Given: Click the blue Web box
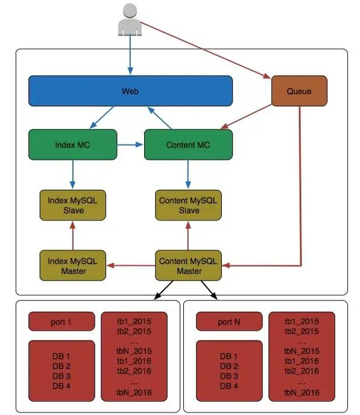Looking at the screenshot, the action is click(x=130, y=90).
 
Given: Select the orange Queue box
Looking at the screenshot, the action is click(x=299, y=90).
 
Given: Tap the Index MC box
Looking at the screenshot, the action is click(x=73, y=145).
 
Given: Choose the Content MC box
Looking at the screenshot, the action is click(x=188, y=145).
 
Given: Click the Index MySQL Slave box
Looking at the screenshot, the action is click(x=73, y=205).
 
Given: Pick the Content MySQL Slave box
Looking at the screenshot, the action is click(x=188, y=205).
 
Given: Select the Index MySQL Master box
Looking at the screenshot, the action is click(x=73, y=265).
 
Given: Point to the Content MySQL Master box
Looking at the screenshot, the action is click(x=188, y=265).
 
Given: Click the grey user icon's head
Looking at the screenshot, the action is click(x=130, y=11).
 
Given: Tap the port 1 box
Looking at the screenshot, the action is click(x=62, y=322).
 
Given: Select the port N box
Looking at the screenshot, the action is click(x=229, y=322).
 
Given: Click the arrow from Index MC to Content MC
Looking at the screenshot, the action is click(x=130, y=145).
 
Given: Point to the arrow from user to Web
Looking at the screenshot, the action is click(x=130, y=55).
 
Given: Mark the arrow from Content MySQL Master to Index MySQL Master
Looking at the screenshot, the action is click(x=131, y=265).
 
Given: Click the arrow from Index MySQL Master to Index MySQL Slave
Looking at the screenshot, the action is click(x=73, y=236).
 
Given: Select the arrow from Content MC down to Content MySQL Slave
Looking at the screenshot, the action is click(x=188, y=175).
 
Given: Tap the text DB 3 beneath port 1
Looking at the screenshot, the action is click(x=62, y=376).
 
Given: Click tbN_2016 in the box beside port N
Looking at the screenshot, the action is click(x=302, y=392).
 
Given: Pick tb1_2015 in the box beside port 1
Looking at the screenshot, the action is click(x=134, y=322).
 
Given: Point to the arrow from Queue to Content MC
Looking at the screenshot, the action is click(x=246, y=116).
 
